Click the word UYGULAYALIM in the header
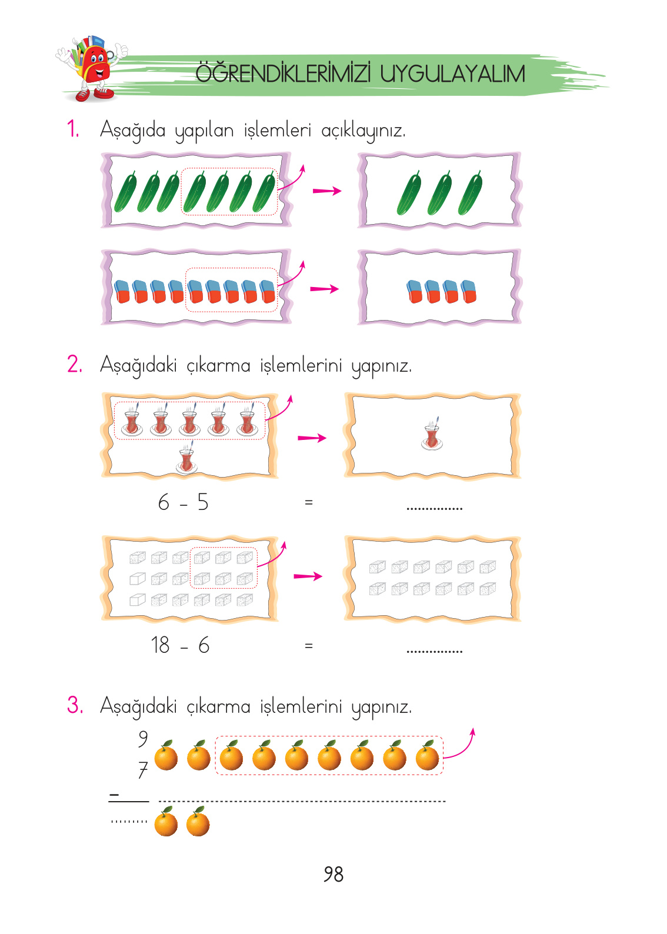(x=452, y=74)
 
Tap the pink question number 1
(x=73, y=129)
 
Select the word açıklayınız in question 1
(x=363, y=130)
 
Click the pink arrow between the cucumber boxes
(x=326, y=191)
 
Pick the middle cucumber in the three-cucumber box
(x=439, y=193)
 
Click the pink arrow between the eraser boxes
(x=324, y=289)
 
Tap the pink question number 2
(x=74, y=364)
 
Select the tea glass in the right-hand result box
(x=432, y=435)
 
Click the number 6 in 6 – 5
(x=164, y=502)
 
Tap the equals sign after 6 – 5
(x=308, y=502)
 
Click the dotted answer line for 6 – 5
(x=434, y=508)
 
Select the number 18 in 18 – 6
(x=160, y=645)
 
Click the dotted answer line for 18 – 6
(x=434, y=651)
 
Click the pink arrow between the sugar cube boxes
(x=308, y=576)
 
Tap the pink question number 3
(x=74, y=705)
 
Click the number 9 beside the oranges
(x=143, y=738)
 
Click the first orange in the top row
(x=166, y=756)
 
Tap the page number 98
(x=333, y=874)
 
